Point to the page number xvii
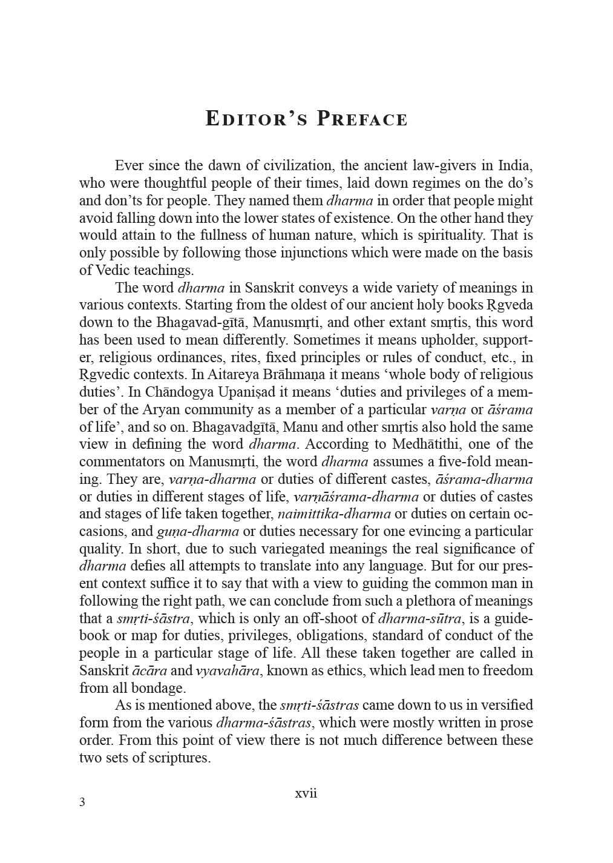click(306, 793)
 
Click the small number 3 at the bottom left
click(82, 802)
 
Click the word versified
click(503, 705)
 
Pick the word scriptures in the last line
click(179, 758)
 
